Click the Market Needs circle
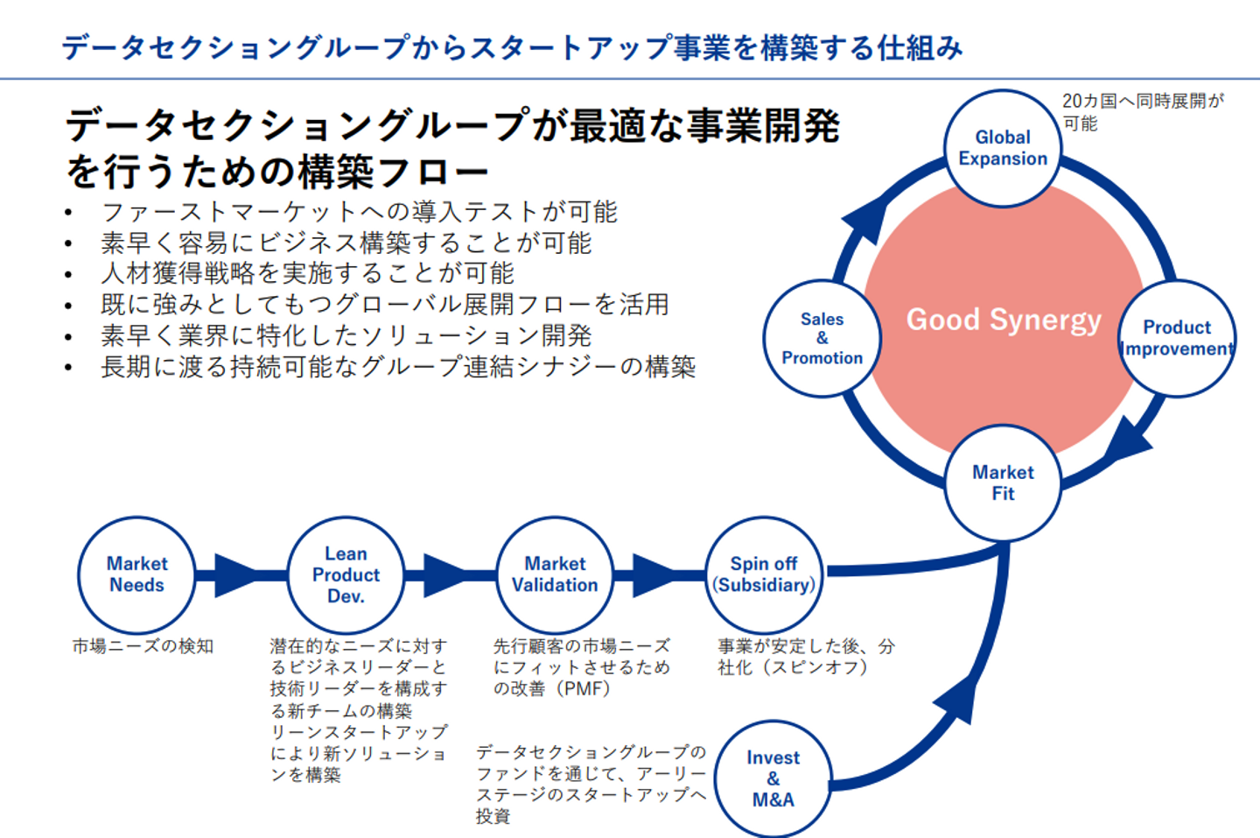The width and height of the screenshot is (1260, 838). [x=136, y=574]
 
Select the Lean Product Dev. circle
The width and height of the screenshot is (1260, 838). [x=346, y=574]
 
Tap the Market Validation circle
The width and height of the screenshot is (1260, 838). [x=555, y=574]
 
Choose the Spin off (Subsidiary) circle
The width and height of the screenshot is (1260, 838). [x=764, y=574]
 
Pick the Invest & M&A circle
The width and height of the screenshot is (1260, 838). [x=773, y=778]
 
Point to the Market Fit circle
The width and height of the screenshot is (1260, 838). [x=1003, y=482]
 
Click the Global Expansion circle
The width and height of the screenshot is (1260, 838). [x=1003, y=148]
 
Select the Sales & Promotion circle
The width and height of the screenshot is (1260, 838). [x=822, y=338]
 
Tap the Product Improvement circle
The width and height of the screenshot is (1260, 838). [x=1177, y=338]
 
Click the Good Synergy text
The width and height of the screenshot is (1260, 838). [x=1003, y=320]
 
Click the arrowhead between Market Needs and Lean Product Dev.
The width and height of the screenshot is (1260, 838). [x=234, y=575]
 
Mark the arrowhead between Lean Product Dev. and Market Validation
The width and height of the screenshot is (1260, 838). [x=444, y=575]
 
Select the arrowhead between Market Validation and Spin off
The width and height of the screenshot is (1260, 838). [x=653, y=575]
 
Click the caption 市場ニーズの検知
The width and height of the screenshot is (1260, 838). [x=143, y=646]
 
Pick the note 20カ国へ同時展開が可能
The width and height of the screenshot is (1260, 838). [x=1142, y=112]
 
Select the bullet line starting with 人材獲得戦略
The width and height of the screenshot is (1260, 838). [x=307, y=273]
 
